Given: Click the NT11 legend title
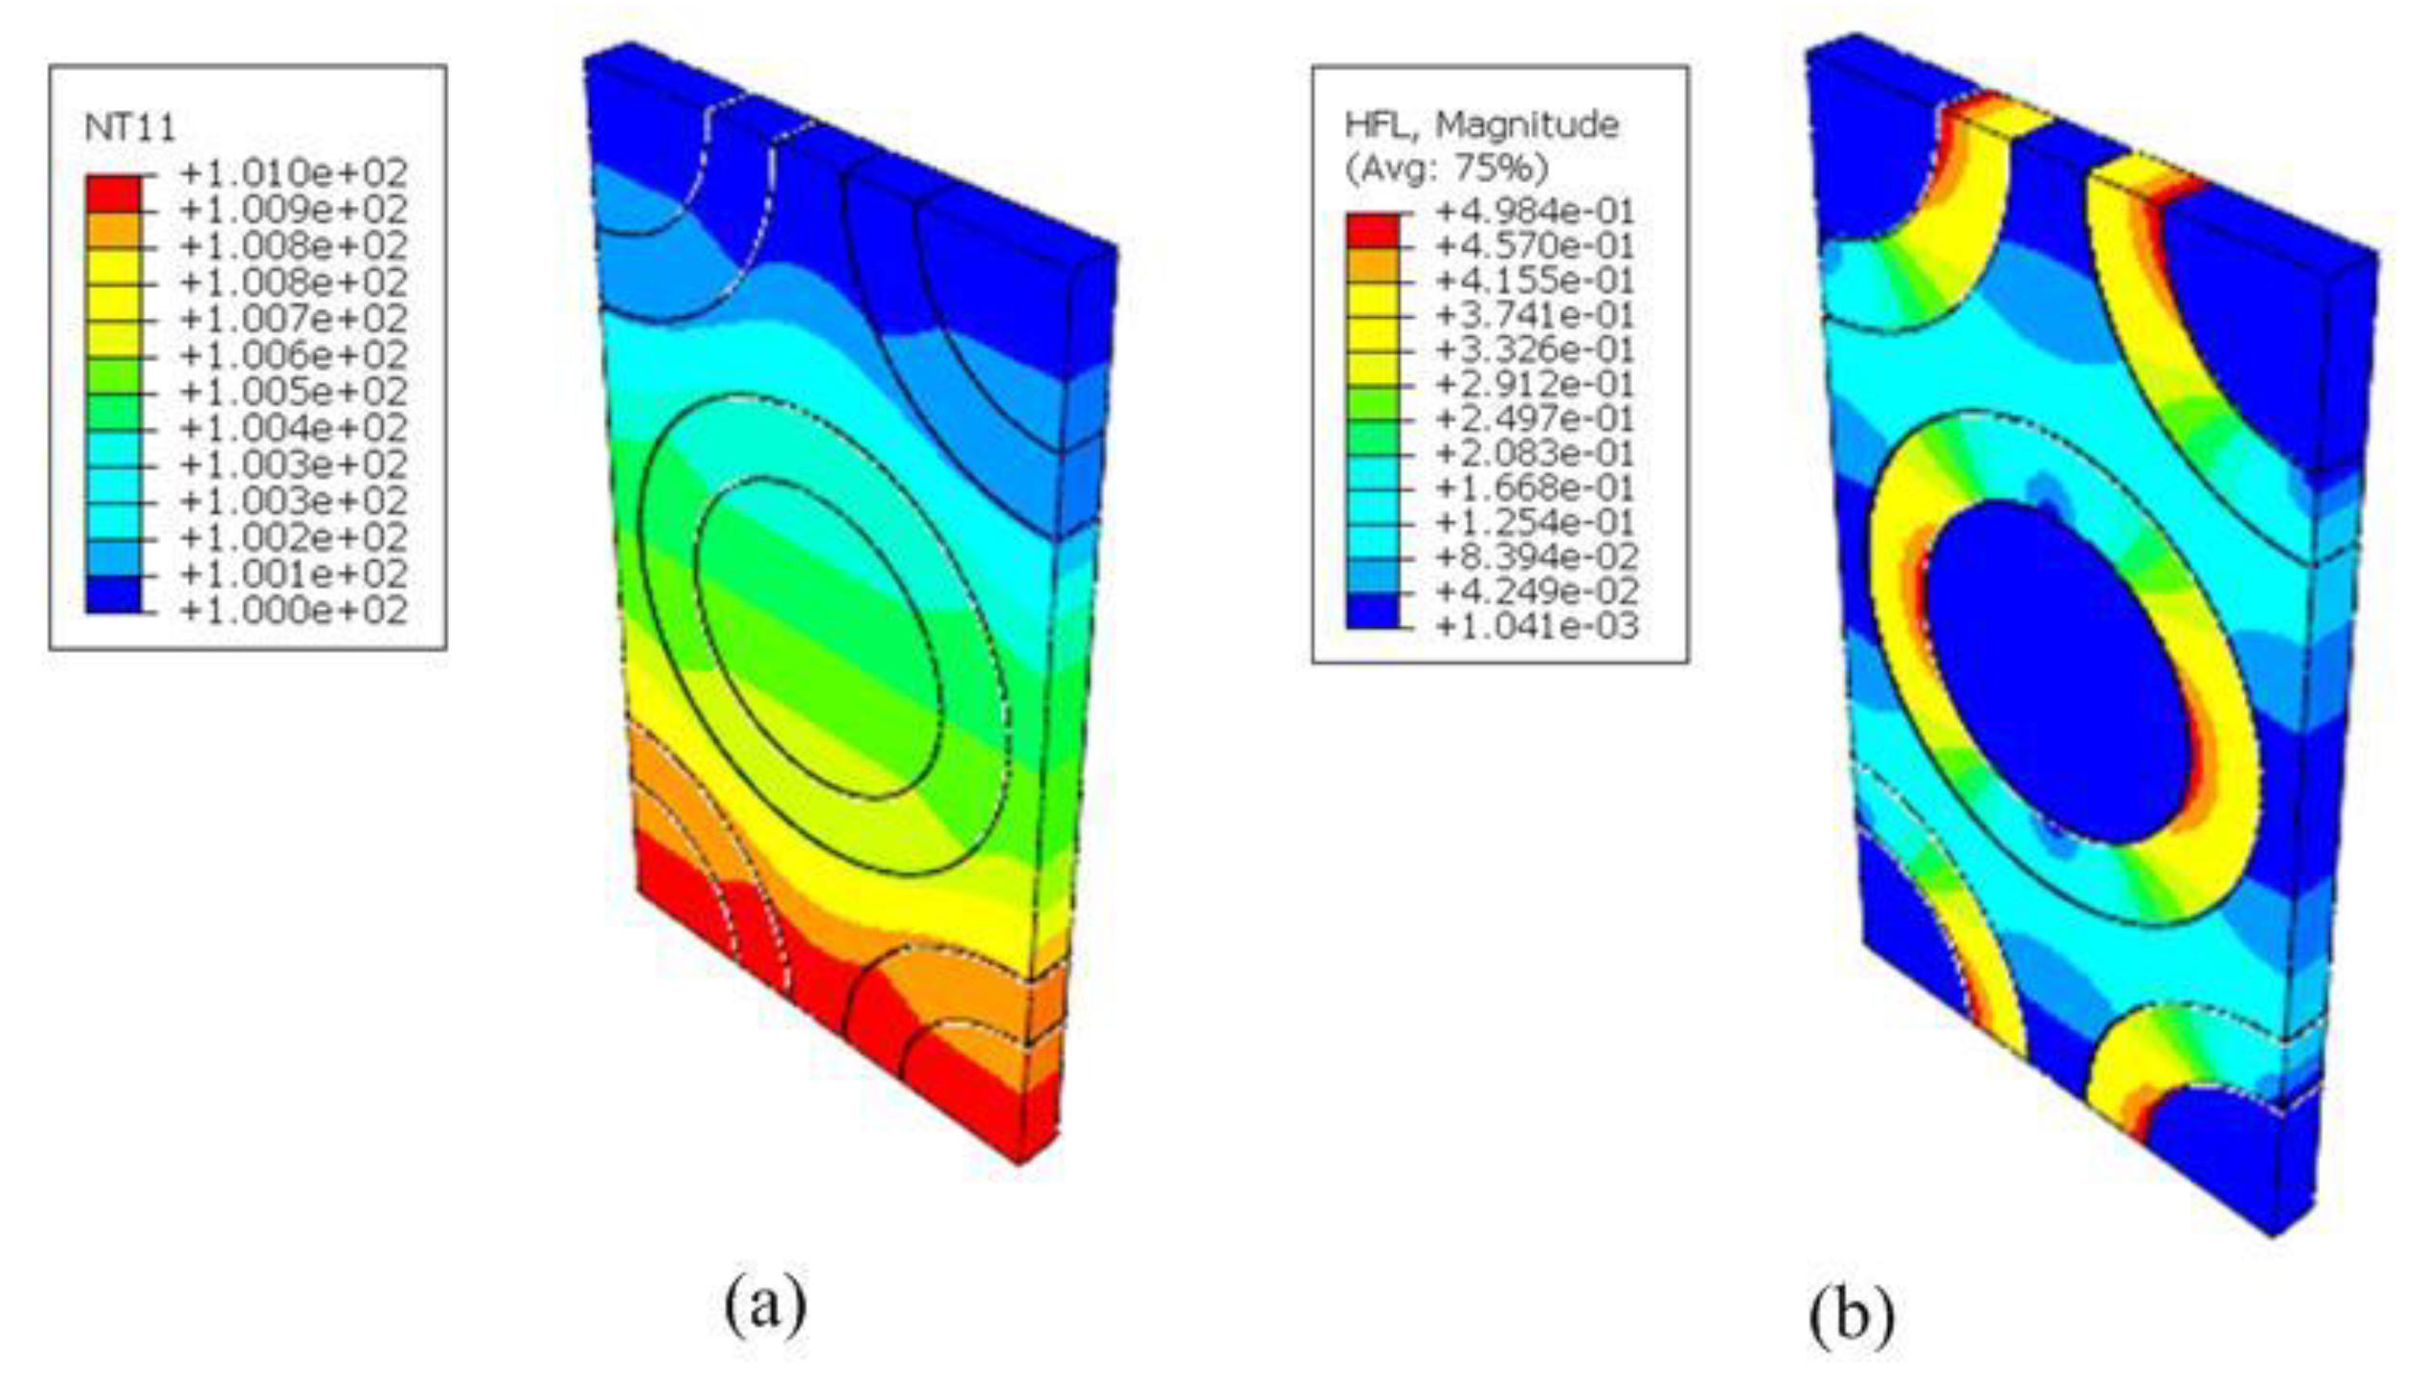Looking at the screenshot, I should [130, 127].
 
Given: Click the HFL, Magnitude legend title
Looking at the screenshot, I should [1481, 124].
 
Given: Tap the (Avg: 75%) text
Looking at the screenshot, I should [1447, 169].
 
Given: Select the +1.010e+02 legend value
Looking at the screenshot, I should [294, 173].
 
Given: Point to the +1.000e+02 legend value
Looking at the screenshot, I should [294, 611].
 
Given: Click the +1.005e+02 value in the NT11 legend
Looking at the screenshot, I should [294, 392].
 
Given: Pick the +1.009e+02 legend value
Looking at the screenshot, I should [294, 210].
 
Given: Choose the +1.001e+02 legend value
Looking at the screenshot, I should [294, 575].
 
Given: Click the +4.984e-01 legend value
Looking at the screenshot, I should [1535, 211].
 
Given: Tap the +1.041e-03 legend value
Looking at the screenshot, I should [1535, 626].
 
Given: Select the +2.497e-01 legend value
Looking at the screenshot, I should [1535, 418].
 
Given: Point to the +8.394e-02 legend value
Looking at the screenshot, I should [1535, 557].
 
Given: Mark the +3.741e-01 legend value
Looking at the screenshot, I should [1535, 315].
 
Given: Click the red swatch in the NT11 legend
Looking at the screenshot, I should [113, 193].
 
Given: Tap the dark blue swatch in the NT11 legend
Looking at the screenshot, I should [113, 595].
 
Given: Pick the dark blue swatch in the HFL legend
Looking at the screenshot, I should [1373, 610].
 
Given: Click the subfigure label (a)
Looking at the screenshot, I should [765, 1304].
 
